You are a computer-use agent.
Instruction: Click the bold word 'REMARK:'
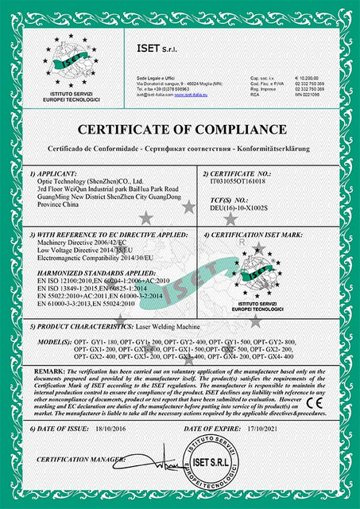coord(48,371)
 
